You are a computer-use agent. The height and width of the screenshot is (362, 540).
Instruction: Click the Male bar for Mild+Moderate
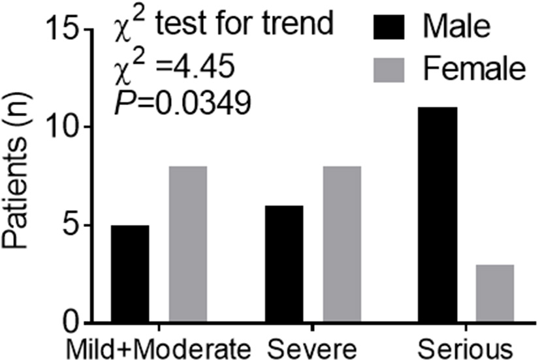(x=129, y=274)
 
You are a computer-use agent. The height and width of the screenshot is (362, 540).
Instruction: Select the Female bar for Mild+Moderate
(x=187, y=245)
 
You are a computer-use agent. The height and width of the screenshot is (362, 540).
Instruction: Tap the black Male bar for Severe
(x=283, y=264)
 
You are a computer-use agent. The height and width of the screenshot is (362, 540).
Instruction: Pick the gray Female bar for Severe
(x=341, y=245)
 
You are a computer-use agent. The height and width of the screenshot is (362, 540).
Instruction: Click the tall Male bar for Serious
(x=437, y=215)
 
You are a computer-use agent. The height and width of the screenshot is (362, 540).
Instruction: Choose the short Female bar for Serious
(x=495, y=294)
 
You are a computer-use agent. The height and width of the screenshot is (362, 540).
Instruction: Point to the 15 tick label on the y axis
(x=63, y=29)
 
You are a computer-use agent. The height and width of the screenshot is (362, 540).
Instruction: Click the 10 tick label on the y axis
(x=63, y=127)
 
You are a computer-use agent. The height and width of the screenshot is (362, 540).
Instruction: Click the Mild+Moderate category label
(x=157, y=346)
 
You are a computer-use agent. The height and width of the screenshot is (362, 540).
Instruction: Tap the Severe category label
(x=313, y=346)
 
